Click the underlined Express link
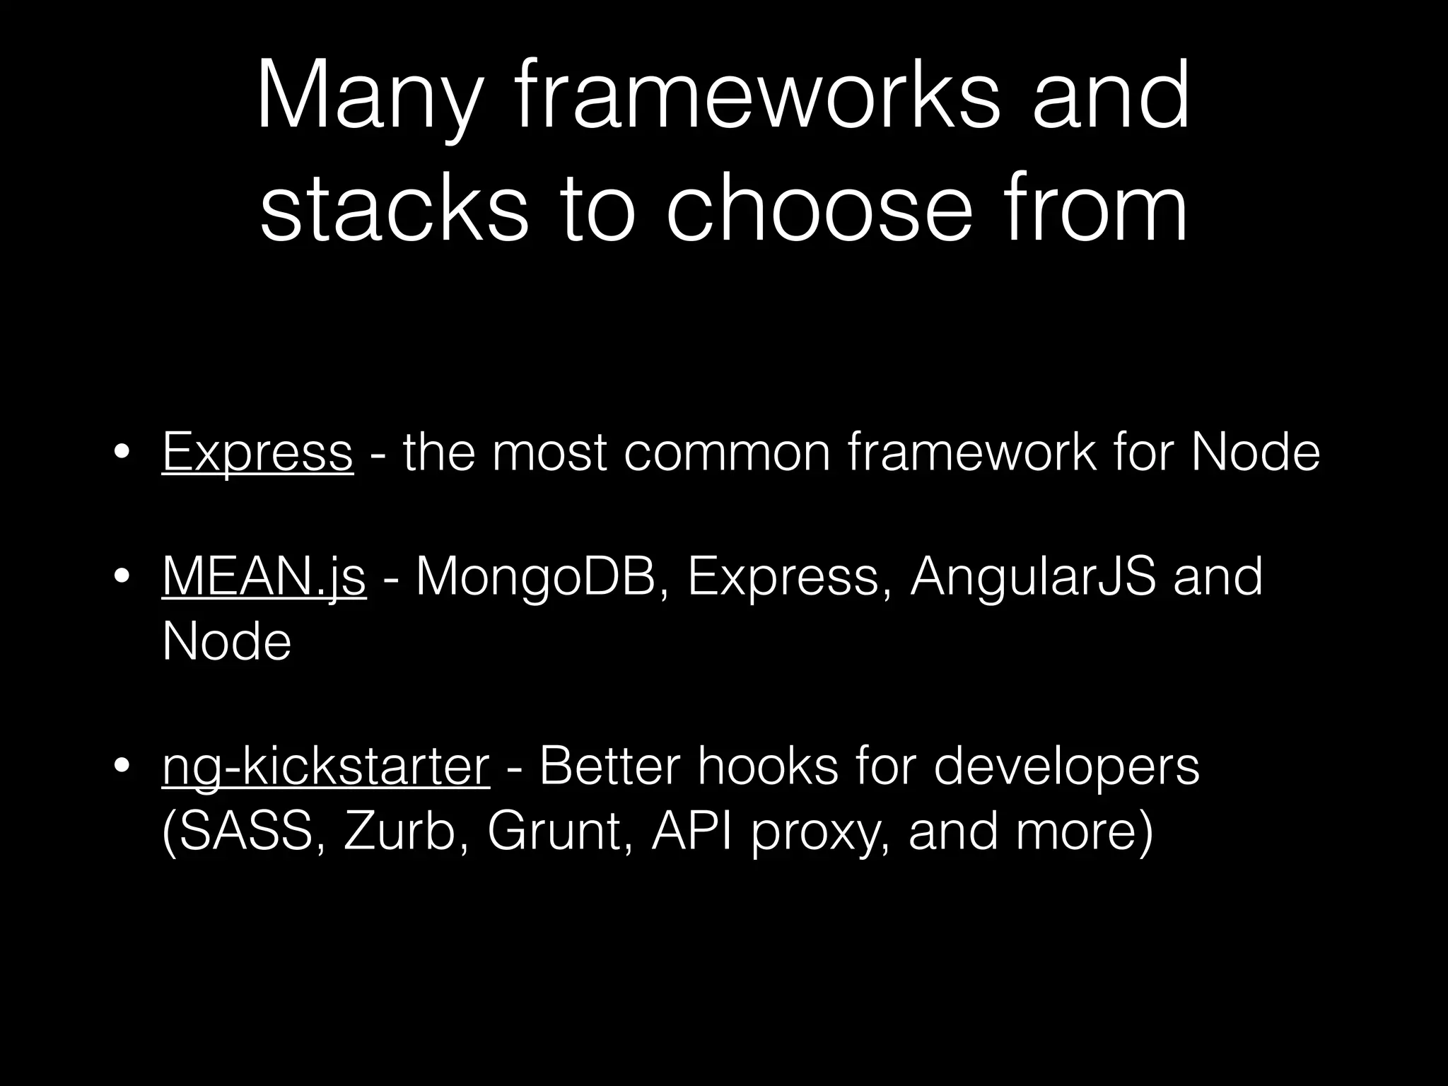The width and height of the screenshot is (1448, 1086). [x=257, y=452]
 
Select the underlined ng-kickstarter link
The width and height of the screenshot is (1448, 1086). [x=325, y=767]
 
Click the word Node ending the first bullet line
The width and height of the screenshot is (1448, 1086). [x=1255, y=452]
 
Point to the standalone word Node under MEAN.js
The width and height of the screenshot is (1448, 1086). [x=226, y=642]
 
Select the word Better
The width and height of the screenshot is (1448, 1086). [x=609, y=767]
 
